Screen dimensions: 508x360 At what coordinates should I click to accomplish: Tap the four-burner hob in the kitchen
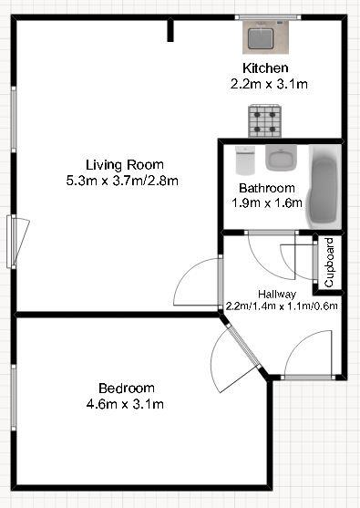pos(265,118)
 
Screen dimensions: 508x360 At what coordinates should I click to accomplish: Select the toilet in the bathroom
pos(243,161)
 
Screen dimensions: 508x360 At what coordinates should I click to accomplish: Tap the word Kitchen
pos(265,68)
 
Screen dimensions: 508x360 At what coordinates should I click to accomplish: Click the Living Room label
pos(125,164)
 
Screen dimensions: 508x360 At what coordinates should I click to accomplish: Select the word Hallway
pos(276,294)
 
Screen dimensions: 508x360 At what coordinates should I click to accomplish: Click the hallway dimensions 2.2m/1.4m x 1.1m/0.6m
pos(282,306)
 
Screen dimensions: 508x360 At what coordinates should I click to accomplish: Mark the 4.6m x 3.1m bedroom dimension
pos(126,403)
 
